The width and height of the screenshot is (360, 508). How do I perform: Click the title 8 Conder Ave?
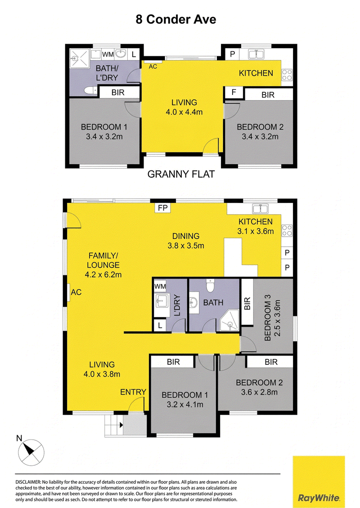(x=176, y=19)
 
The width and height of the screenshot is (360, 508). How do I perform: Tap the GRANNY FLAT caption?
(x=181, y=174)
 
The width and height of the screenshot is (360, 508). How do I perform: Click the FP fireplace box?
(x=162, y=208)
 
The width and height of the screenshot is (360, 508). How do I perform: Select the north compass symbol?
(x=31, y=452)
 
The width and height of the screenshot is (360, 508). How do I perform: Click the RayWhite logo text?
(x=319, y=498)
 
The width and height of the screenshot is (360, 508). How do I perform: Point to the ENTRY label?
(x=133, y=392)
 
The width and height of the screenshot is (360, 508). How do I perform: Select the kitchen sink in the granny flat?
(x=256, y=54)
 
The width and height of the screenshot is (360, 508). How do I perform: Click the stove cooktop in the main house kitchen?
(x=287, y=230)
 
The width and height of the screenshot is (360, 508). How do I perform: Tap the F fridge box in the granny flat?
(x=234, y=92)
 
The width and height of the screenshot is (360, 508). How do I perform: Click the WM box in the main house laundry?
(x=160, y=287)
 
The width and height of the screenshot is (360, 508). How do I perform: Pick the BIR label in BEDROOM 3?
(x=247, y=303)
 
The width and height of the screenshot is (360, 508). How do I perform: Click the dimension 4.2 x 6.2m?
(x=103, y=275)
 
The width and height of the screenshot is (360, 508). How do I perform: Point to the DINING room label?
(x=186, y=236)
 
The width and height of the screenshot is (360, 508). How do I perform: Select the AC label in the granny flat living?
(x=153, y=67)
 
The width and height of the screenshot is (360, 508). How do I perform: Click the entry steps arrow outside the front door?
(x=121, y=425)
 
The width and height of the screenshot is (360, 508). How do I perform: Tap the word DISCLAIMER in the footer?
(x=28, y=482)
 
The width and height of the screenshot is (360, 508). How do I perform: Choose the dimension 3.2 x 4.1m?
(x=185, y=405)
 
